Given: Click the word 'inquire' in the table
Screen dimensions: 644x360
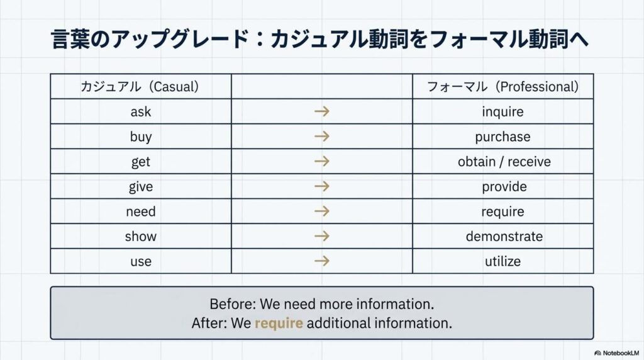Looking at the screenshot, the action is (502, 112).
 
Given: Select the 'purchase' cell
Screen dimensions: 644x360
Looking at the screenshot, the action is (502, 137).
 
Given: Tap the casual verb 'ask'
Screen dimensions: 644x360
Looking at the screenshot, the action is (141, 112).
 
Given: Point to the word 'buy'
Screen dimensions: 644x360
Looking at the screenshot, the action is (141, 137).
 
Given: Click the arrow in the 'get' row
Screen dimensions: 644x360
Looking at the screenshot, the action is (322, 161).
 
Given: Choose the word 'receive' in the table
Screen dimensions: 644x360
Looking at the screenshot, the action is (529, 162).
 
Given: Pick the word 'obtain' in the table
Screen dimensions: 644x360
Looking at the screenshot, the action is (477, 162).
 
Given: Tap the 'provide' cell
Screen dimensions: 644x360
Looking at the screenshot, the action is (502, 186).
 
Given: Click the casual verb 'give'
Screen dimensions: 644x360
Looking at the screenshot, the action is (141, 186).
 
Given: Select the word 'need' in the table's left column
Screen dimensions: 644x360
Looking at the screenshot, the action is (141, 211).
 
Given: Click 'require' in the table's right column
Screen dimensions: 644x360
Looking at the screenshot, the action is (502, 211).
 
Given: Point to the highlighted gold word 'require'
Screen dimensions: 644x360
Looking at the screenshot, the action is (279, 323).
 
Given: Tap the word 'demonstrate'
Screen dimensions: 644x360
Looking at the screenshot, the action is (504, 236).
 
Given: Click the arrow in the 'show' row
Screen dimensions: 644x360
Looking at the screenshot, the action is (322, 236).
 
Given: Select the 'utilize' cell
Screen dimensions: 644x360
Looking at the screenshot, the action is (502, 261).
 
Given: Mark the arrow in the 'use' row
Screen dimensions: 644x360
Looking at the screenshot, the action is (322, 261).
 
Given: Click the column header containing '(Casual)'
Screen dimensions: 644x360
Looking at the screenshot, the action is (141, 86).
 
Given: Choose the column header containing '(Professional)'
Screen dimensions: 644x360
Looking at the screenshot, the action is (502, 86).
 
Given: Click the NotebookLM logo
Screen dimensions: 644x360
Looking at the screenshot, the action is (616, 353).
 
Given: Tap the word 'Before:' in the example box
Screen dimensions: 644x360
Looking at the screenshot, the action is (233, 304).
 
